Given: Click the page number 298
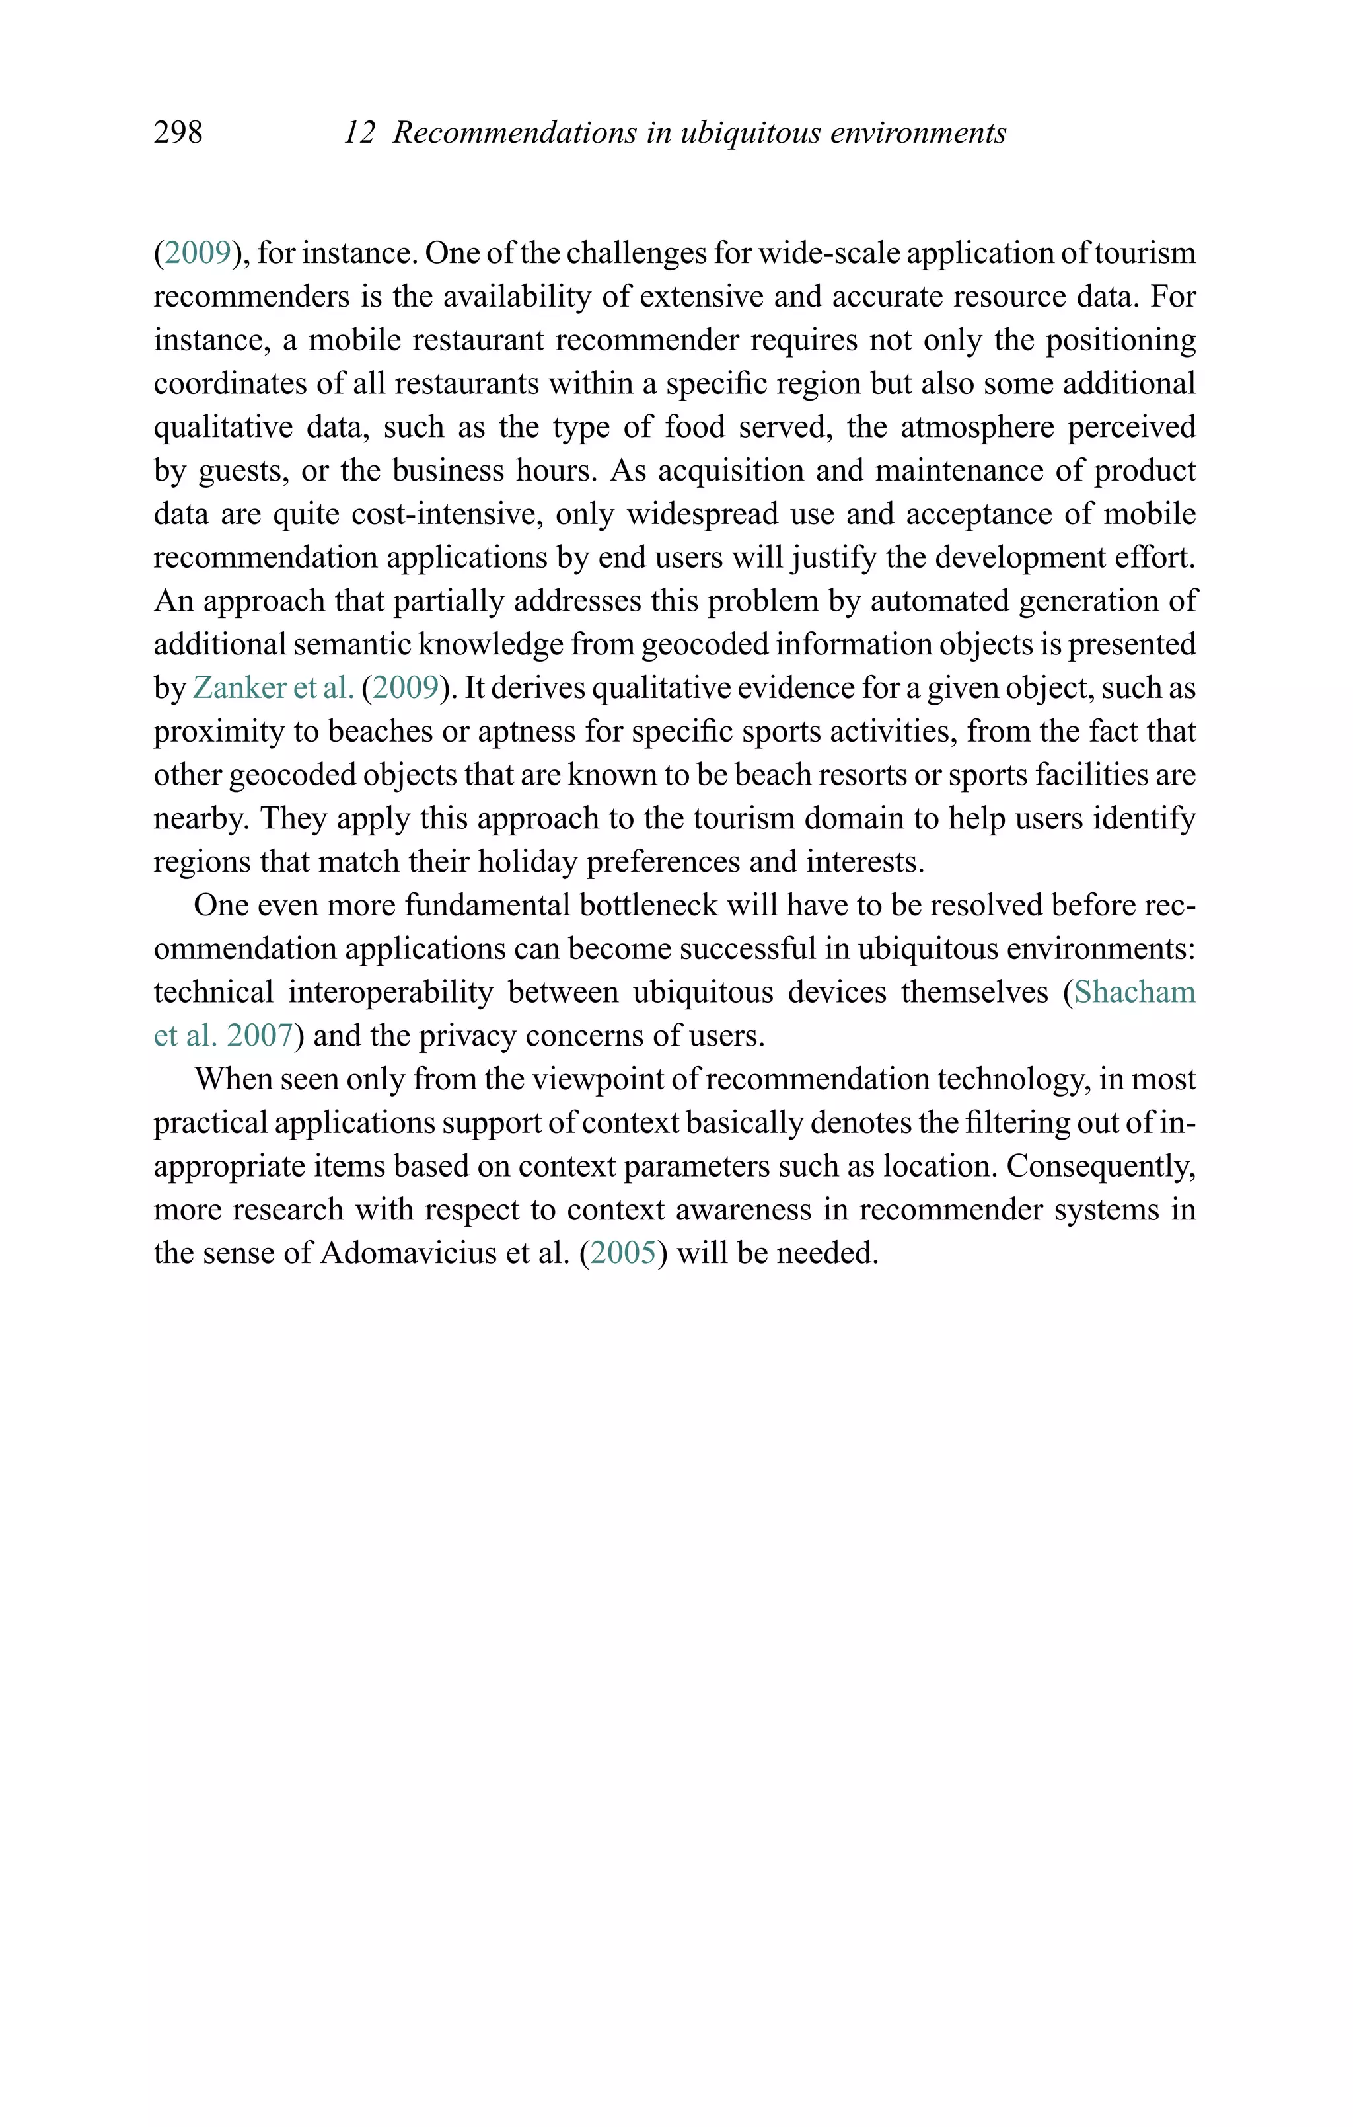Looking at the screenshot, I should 178,132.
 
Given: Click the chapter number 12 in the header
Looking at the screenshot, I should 359,132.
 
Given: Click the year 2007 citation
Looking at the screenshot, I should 259,1035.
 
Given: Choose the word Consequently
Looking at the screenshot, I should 1101,1166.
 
